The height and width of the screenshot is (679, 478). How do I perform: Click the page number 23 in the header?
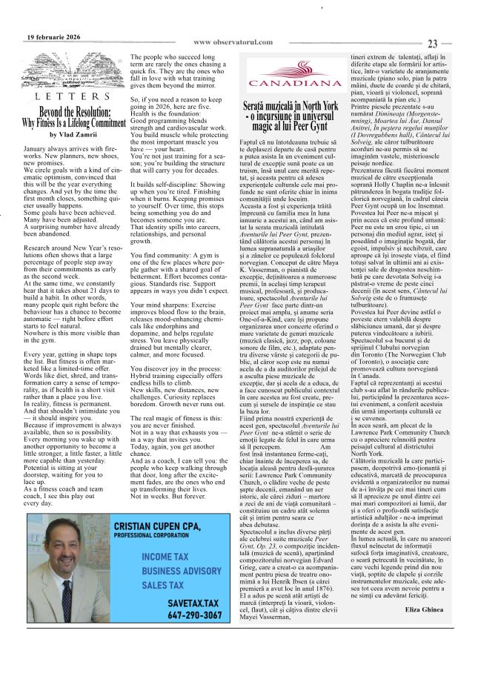434,44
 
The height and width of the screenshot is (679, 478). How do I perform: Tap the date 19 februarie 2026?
53,37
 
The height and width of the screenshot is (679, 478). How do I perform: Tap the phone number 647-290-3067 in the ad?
194,615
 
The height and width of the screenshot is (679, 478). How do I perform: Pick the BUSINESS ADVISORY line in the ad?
182,571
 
